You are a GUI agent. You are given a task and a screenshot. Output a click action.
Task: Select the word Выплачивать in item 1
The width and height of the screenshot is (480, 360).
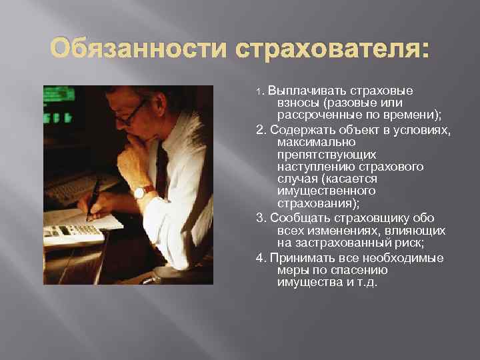tap(299, 91)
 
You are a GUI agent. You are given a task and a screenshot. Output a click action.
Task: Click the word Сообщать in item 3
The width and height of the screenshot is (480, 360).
tap(298, 218)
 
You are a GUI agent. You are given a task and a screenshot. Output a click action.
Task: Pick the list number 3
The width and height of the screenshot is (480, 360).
tap(259, 218)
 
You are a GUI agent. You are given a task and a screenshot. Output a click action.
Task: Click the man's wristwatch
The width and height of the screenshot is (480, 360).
tap(142, 192)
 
